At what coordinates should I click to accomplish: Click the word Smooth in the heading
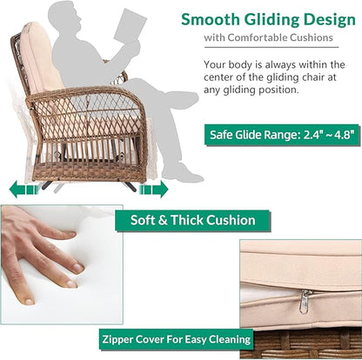211,20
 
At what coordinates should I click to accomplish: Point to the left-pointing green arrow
23,190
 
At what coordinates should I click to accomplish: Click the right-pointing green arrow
154,190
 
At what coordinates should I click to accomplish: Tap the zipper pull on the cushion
305,302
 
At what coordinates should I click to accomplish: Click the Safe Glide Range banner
282,135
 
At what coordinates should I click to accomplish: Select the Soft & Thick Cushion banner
193,220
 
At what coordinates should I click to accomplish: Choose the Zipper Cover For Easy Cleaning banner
176,339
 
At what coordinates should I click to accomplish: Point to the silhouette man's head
65,17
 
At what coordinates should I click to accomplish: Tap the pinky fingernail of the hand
29,302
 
